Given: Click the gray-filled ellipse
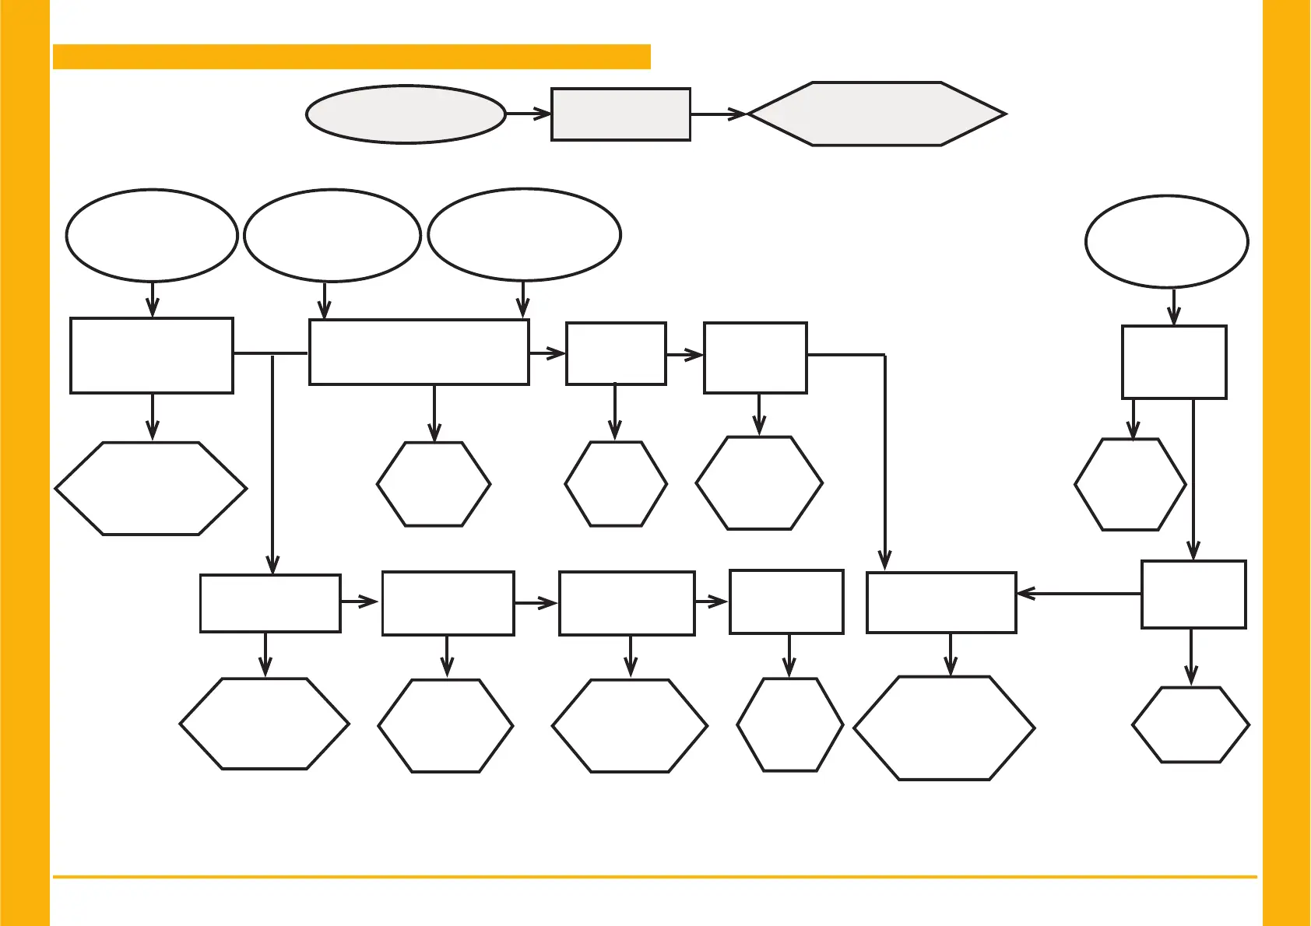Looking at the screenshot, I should point(406,114).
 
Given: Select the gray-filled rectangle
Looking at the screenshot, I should point(620,114).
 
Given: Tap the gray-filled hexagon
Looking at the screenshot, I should point(877,114).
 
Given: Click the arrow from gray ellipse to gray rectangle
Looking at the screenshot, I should point(529,114).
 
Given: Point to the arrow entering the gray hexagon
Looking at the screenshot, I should point(719,114).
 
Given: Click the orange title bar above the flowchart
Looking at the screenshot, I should point(351,57).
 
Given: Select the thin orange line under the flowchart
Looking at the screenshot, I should point(654,877).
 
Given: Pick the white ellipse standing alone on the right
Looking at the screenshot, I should point(1166,241).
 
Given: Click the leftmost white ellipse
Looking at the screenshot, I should point(152,235).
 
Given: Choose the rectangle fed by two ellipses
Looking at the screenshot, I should point(419,352).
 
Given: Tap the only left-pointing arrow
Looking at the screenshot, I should point(1078,594).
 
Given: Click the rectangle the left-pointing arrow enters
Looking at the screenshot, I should point(941,602).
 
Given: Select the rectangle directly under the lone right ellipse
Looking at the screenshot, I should point(1174,362).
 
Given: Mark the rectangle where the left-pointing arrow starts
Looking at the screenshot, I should point(1193,594).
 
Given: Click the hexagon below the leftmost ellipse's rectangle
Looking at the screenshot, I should point(151,489).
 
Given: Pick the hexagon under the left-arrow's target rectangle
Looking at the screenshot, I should point(944,728).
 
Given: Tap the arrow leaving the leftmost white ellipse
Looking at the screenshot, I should point(153,300).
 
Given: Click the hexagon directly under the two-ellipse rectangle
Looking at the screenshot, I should point(434,484).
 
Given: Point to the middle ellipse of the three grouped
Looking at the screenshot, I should point(332,235).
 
